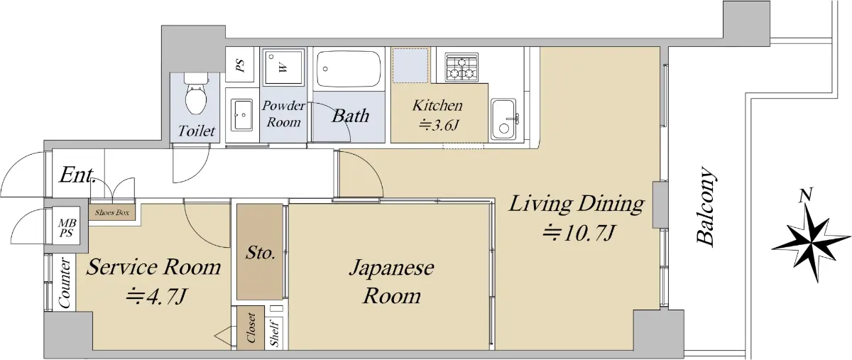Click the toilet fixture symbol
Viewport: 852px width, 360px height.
[196, 92]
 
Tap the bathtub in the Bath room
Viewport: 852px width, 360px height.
[349, 69]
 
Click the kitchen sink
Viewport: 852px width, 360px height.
[503, 119]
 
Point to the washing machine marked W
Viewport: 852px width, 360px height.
[284, 66]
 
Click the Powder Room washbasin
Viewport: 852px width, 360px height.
[241, 115]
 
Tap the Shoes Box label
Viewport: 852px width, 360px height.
[112, 212]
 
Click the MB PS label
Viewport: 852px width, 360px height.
[67, 227]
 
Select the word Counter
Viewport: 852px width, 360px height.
[65, 283]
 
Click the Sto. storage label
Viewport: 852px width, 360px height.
[260, 252]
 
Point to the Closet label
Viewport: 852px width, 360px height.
[251, 327]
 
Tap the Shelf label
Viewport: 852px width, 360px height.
[275, 334]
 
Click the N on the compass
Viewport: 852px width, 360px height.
[806, 195]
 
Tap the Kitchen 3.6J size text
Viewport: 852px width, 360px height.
[437, 124]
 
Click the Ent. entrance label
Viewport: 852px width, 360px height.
[77, 175]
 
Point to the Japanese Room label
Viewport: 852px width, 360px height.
[392, 282]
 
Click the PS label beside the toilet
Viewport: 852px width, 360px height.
[240, 66]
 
